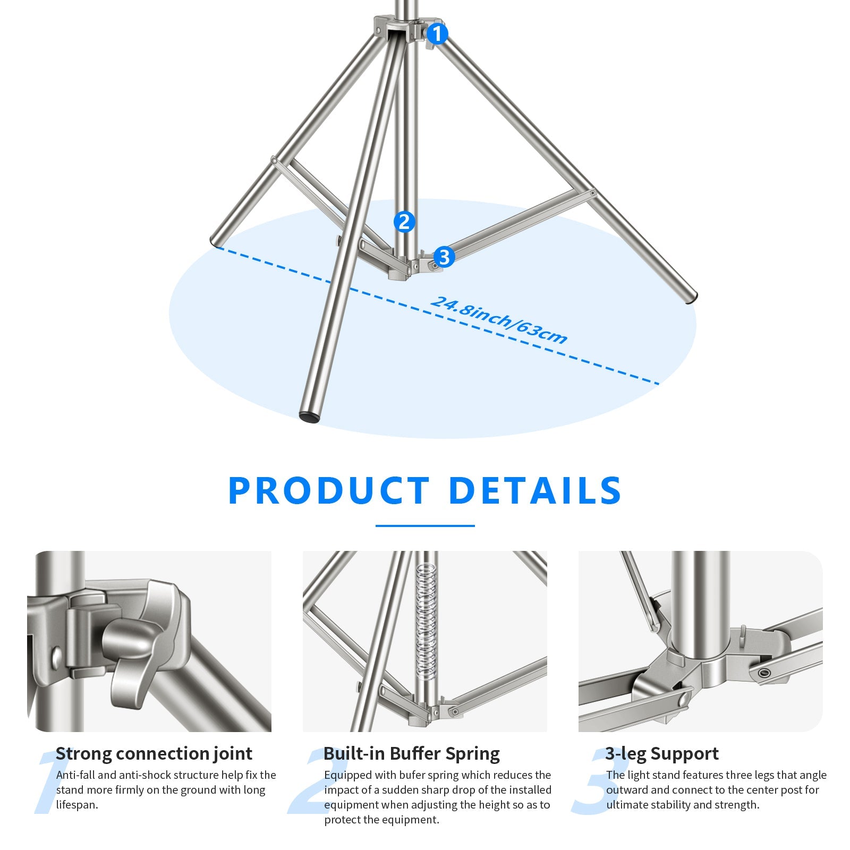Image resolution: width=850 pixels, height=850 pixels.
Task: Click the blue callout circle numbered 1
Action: (x=437, y=34)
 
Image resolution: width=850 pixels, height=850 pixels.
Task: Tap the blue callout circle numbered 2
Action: (x=404, y=222)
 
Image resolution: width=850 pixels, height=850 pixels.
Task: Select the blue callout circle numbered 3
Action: (x=444, y=257)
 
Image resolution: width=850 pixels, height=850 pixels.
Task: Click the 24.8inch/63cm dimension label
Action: (x=498, y=320)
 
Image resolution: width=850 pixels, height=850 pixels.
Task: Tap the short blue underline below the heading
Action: (x=425, y=526)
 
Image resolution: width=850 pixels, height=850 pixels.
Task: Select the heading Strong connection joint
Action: (x=154, y=753)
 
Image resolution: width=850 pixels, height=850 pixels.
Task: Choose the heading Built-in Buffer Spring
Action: (x=412, y=753)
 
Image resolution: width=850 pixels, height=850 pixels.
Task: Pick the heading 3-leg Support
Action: (x=662, y=753)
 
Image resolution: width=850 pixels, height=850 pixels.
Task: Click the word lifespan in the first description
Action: (x=77, y=804)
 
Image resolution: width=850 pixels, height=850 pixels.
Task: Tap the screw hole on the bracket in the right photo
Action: (x=764, y=673)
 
